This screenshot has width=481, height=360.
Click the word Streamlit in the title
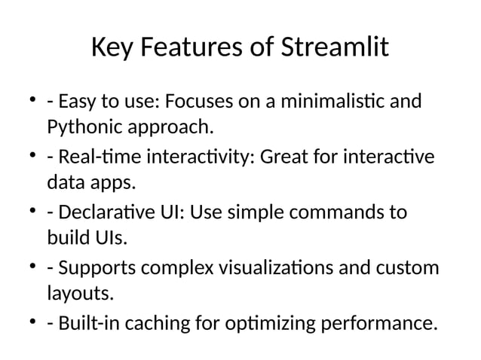pyautogui.click(x=335, y=49)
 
